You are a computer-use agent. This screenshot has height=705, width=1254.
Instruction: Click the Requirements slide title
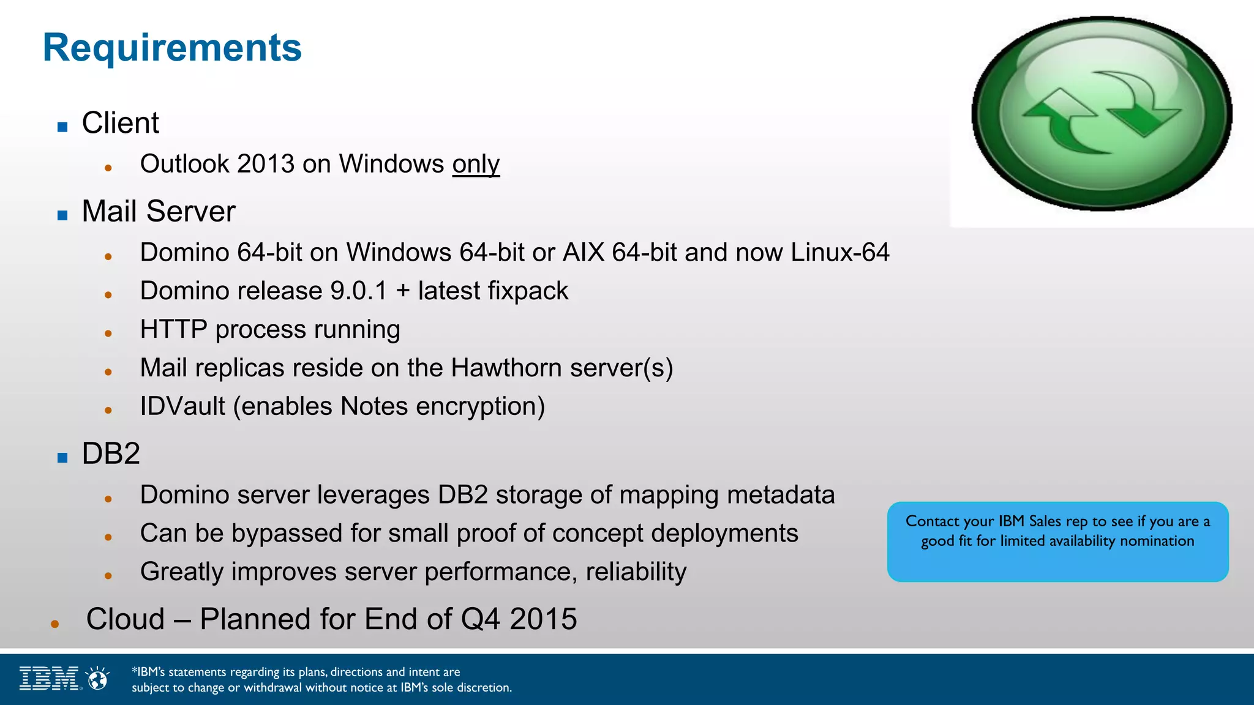tap(172, 48)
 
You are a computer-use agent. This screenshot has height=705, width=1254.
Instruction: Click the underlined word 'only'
tap(476, 164)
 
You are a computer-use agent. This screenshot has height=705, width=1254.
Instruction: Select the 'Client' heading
tap(121, 123)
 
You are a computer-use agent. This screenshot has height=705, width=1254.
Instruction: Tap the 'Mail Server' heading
tap(159, 212)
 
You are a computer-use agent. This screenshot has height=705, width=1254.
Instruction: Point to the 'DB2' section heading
tap(111, 454)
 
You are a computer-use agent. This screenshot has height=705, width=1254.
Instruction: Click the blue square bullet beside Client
tap(62, 127)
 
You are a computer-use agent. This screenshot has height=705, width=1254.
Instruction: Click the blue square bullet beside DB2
tap(62, 458)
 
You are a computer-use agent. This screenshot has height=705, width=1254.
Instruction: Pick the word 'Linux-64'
tap(839, 253)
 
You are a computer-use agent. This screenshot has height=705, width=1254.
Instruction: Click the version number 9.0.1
tap(358, 291)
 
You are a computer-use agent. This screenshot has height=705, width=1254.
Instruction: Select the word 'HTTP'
tap(173, 330)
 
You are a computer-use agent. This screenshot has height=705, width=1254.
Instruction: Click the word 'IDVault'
tap(182, 407)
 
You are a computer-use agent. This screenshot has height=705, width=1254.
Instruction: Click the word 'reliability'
tap(636, 572)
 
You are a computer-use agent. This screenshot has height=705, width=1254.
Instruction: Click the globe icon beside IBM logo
tap(97, 679)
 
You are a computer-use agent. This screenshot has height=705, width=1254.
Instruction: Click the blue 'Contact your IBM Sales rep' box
tap(1057, 542)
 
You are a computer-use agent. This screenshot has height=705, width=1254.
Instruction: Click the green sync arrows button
tap(1102, 114)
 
